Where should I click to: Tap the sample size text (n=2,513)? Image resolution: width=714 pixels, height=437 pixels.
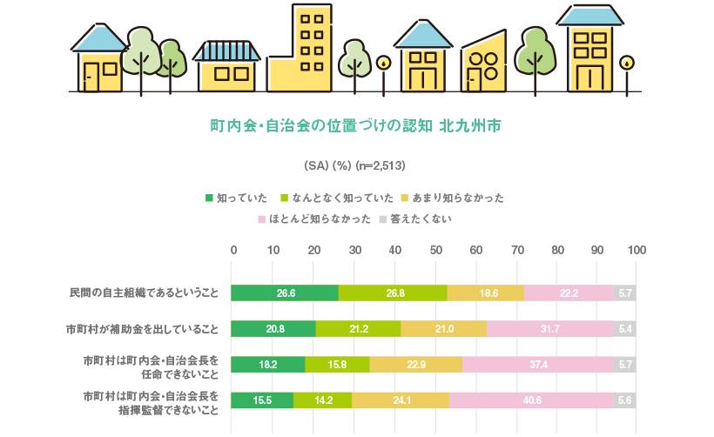[x=378, y=165]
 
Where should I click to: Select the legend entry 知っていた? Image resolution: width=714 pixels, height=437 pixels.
[x=236, y=198]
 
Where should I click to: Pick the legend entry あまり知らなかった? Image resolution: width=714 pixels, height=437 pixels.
[x=456, y=198]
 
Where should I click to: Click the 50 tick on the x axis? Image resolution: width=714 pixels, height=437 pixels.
[x=434, y=250]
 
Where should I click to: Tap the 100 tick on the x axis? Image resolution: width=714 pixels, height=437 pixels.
[x=637, y=250]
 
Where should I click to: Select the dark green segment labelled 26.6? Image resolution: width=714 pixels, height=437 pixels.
[x=285, y=293]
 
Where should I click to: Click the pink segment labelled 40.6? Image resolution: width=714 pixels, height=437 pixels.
[x=532, y=400]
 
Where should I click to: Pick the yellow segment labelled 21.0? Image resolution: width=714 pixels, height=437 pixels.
[x=444, y=329]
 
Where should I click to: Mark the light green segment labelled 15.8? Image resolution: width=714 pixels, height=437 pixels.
[x=338, y=365]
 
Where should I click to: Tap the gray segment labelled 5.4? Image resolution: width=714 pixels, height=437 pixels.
[x=625, y=329]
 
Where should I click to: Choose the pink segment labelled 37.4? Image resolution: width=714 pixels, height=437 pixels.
[x=538, y=365]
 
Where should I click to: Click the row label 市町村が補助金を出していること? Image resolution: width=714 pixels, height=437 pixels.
[x=142, y=329]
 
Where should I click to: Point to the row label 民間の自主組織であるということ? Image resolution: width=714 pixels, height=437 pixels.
[x=144, y=293]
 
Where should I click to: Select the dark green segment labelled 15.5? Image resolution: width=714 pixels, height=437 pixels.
[x=262, y=400]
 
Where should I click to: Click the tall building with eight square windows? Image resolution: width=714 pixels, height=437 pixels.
[x=310, y=48]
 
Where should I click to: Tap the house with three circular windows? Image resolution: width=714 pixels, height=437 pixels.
[x=483, y=65]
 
